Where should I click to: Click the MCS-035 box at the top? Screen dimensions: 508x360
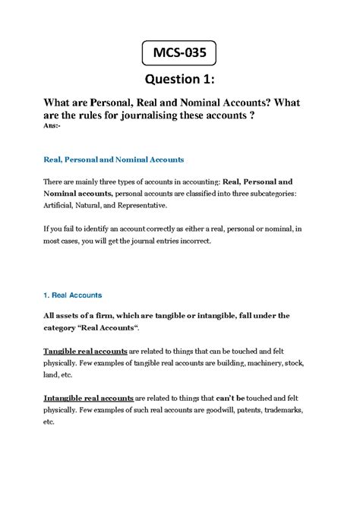(x=179, y=55)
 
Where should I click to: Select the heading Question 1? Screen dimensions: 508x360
(x=179, y=81)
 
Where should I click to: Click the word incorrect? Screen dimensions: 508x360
(x=220, y=241)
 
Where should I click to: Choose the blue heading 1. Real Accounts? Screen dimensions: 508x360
(x=74, y=294)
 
